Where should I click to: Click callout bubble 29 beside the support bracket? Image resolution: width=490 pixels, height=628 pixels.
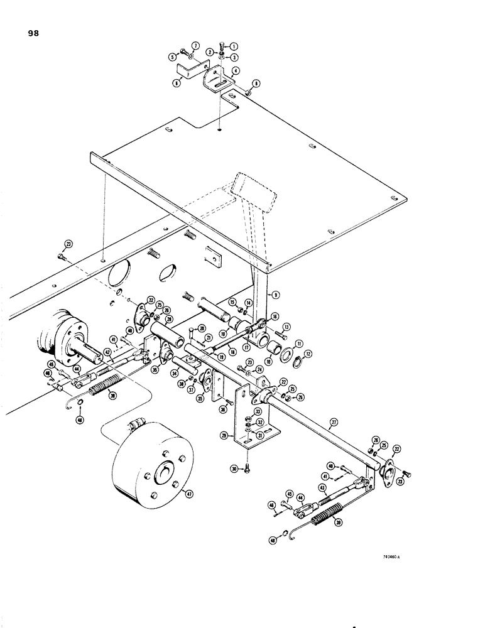[x=233, y=435]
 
